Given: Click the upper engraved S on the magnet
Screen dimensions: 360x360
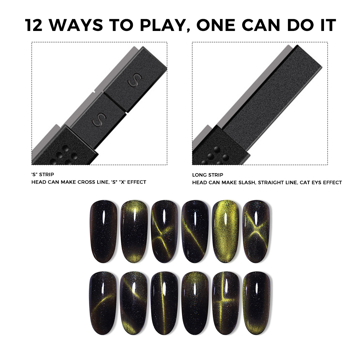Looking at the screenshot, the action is click(x=135, y=80).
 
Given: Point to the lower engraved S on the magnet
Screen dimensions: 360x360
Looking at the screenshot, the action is click(x=99, y=120).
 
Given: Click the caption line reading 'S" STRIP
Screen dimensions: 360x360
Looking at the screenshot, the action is click(x=43, y=175).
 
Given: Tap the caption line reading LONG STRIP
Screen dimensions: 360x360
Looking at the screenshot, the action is click(x=208, y=175).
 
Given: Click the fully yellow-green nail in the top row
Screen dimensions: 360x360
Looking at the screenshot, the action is click(x=225, y=231).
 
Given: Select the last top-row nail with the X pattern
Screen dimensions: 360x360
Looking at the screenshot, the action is click(x=256, y=231).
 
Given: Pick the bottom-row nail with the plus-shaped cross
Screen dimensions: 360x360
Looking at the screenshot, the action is click(x=225, y=303).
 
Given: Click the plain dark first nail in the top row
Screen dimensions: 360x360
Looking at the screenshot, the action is click(x=104, y=231).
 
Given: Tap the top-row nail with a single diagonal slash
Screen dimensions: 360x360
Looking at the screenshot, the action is click(x=195, y=231).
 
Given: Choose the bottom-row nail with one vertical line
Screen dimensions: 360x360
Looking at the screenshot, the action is click(x=165, y=303).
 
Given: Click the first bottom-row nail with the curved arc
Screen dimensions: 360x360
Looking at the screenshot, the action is click(x=103, y=303).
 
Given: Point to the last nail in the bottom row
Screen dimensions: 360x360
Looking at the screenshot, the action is click(x=256, y=303).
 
